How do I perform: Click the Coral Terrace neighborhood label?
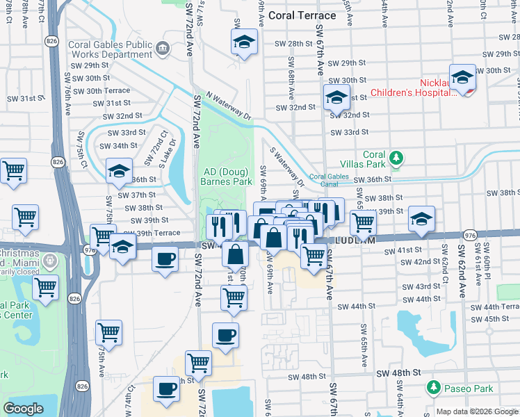302,15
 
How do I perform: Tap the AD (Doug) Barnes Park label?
227,177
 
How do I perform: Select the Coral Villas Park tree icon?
396,159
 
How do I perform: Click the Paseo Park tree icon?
434,386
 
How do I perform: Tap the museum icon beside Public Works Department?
163,48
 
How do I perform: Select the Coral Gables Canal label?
332,177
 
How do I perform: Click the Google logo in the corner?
23,409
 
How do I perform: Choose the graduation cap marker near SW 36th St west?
119,171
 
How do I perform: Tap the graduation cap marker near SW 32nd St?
336,98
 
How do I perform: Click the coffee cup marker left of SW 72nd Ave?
165,260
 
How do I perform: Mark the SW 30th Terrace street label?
101,90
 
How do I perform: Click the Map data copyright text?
476,411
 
